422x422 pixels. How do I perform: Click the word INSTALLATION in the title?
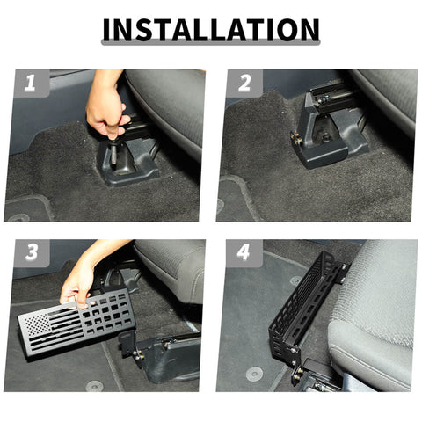pos(211,30)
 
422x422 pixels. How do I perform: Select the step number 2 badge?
pos(244,84)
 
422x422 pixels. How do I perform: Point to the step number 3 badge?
pos(31,253)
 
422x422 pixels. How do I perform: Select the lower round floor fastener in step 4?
pos(254,373)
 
